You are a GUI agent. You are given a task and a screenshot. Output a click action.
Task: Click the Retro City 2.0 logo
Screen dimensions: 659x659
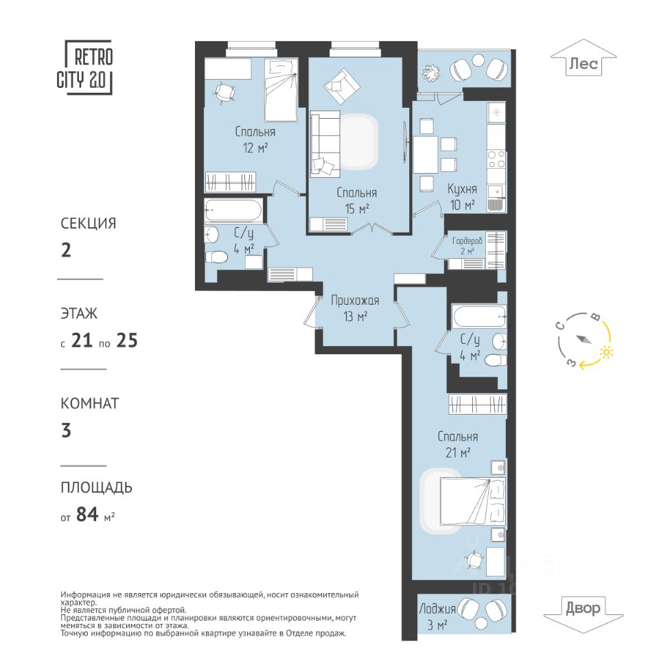85,68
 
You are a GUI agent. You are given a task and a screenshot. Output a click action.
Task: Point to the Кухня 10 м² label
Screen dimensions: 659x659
462,197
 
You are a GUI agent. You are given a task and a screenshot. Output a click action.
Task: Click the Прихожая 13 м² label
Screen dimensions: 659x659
355,308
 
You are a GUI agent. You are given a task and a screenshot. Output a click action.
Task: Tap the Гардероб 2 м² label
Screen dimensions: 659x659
467,246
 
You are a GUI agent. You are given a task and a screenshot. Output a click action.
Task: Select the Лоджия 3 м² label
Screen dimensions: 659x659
437,616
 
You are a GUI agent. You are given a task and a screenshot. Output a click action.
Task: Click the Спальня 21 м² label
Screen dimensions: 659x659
458,444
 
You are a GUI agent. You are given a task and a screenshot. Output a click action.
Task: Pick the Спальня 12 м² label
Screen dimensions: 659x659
255,139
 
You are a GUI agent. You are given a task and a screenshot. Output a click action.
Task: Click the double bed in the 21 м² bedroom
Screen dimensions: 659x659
472,501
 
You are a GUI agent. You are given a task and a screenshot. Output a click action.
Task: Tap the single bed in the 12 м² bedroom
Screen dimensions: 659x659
281,90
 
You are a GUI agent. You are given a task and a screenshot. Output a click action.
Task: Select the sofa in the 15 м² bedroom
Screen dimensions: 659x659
325,144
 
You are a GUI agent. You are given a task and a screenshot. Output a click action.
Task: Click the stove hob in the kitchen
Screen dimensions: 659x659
496,159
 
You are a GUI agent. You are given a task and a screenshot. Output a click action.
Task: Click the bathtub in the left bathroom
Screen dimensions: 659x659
233,211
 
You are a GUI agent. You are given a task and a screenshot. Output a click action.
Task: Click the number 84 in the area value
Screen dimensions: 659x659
87,514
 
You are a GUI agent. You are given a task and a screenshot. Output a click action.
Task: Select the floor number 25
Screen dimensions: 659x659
127,340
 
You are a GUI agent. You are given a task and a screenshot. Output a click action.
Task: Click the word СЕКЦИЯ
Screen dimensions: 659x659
89,223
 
